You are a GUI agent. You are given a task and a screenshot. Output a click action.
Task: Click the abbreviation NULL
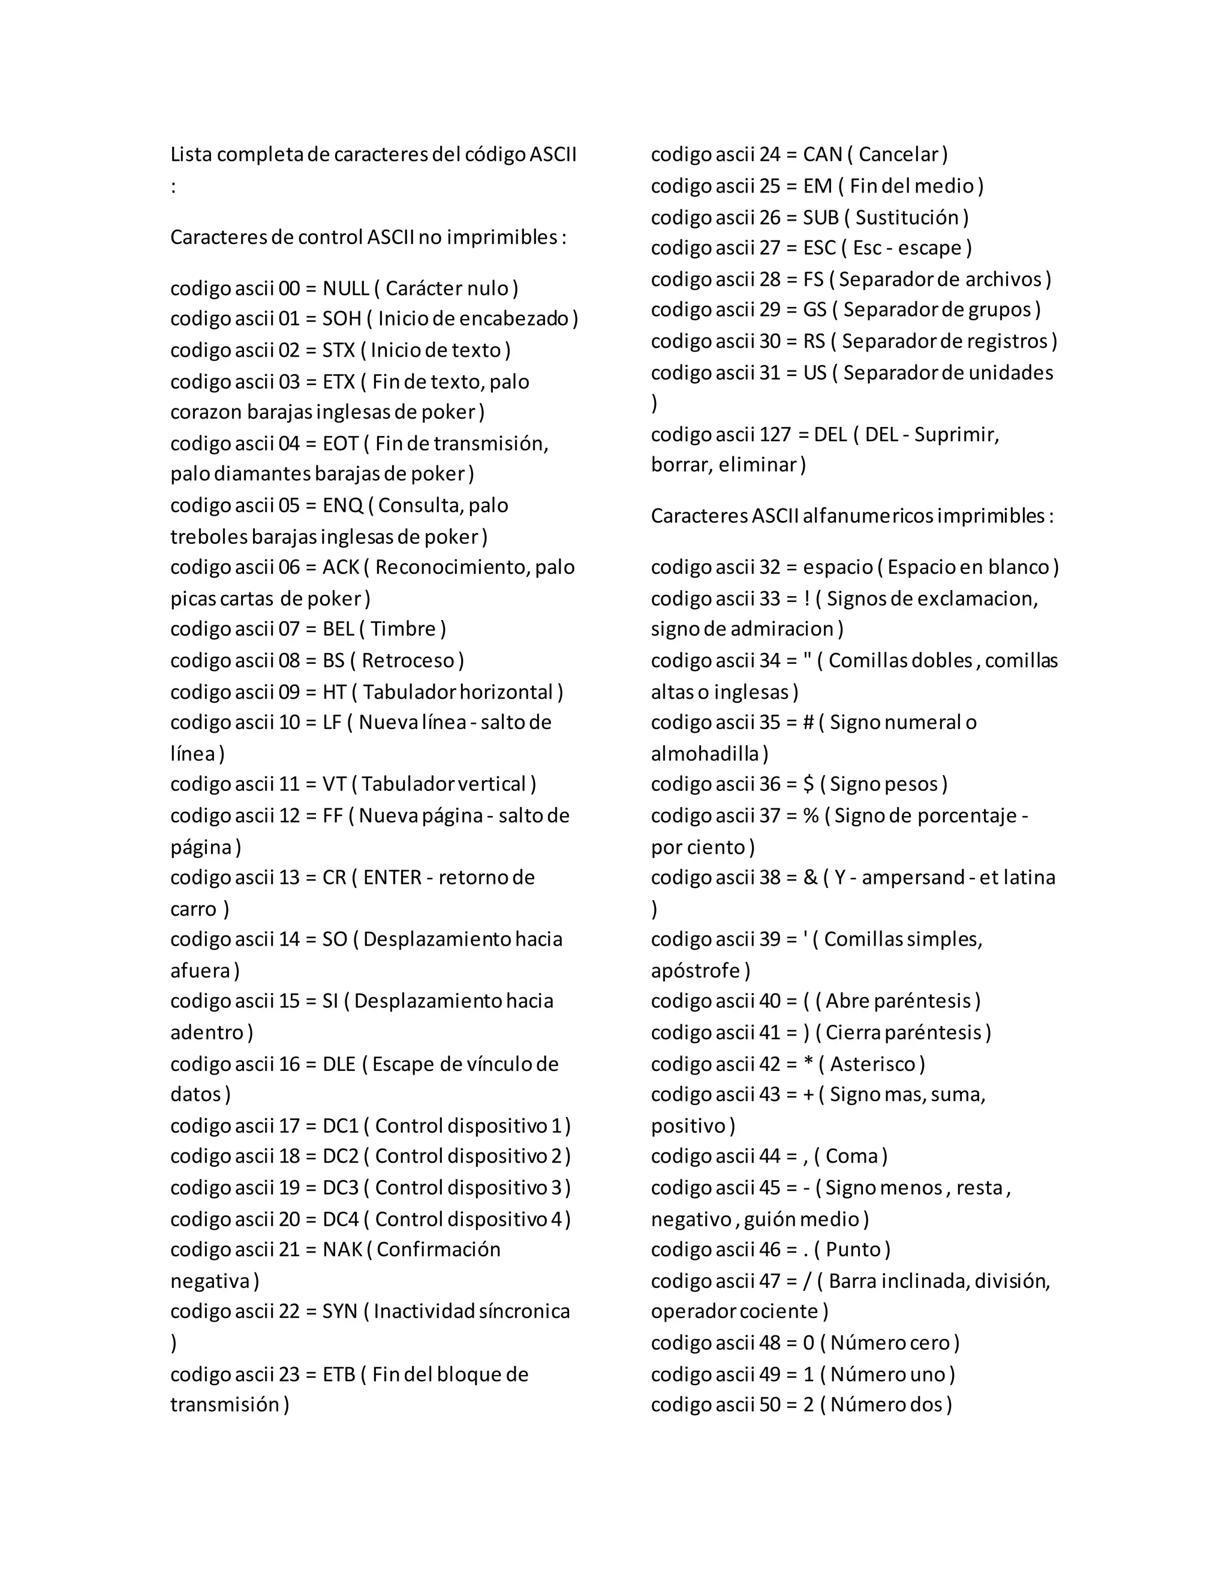345,289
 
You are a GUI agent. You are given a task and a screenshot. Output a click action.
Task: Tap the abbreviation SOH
342,320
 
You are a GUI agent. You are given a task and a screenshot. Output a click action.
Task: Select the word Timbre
403,630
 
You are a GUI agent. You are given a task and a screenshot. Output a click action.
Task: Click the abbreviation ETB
339,1374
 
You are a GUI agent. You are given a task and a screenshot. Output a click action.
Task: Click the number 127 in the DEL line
775,435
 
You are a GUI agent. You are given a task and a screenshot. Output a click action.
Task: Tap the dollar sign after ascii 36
808,784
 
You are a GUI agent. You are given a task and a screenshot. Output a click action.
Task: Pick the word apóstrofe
696,971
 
